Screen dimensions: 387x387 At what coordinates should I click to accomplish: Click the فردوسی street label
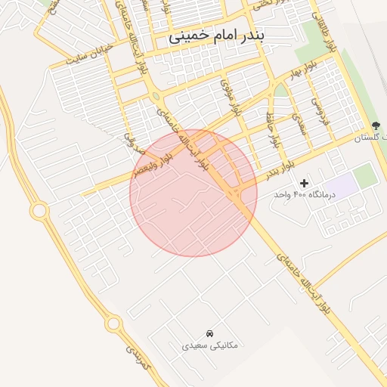point(324,109)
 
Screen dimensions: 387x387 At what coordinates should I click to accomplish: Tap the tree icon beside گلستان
point(376,125)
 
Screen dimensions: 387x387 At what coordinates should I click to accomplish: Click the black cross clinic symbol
point(305,183)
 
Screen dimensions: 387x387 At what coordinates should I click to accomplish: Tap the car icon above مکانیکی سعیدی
point(210,333)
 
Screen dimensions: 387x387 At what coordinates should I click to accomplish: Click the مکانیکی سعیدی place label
point(210,345)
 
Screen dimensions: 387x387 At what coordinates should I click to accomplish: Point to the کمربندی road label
point(138,363)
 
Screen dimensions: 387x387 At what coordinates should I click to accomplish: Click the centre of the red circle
point(193,193)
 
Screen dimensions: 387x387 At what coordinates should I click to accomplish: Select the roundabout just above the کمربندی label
point(113,324)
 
